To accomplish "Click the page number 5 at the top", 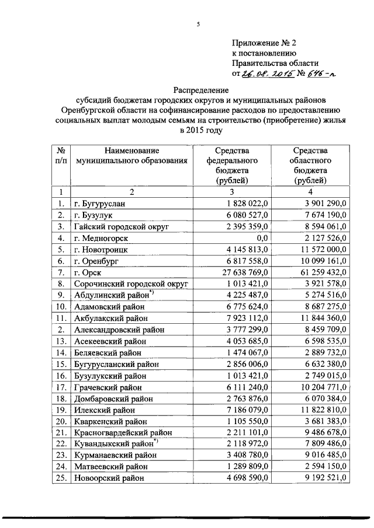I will [x=198, y=23].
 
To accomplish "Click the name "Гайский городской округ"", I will [x=121, y=226].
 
